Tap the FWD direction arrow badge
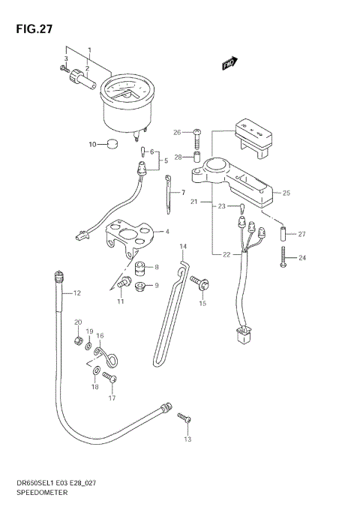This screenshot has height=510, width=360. click(229, 65)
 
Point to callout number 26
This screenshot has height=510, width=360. click(177, 133)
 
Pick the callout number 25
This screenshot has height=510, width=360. click(285, 193)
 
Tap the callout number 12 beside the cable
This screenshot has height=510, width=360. click(76, 293)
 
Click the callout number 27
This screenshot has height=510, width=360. click(302, 234)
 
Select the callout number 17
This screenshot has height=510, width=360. click(112, 398)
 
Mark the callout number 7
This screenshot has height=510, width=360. click(182, 193)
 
